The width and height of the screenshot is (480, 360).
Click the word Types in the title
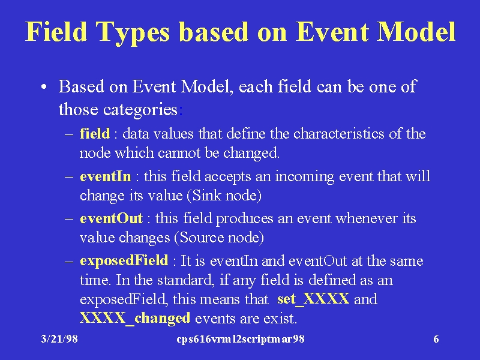coord(132,33)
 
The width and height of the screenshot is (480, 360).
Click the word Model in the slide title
coord(416,31)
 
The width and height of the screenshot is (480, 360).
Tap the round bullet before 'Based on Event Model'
coord(44,87)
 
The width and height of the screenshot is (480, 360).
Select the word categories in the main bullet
coord(140,110)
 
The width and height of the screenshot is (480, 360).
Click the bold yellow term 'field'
coord(95,134)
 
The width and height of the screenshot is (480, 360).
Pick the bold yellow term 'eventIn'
coord(106,176)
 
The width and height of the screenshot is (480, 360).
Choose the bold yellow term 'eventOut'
coord(111,218)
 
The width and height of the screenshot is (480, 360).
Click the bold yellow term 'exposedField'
coord(124,261)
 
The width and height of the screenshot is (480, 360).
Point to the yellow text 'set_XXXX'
coord(313,299)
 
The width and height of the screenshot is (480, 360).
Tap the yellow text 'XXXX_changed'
coord(135,319)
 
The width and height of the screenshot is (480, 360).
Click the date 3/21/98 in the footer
coord(59,339)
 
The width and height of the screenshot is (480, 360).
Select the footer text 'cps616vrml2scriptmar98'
coord(241,339)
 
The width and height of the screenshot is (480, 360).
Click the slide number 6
coord(436,339)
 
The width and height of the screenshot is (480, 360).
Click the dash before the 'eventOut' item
coord(69,219)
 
